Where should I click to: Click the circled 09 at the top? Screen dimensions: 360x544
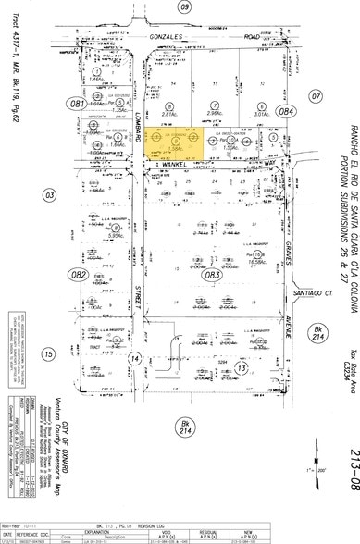point(185,7)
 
